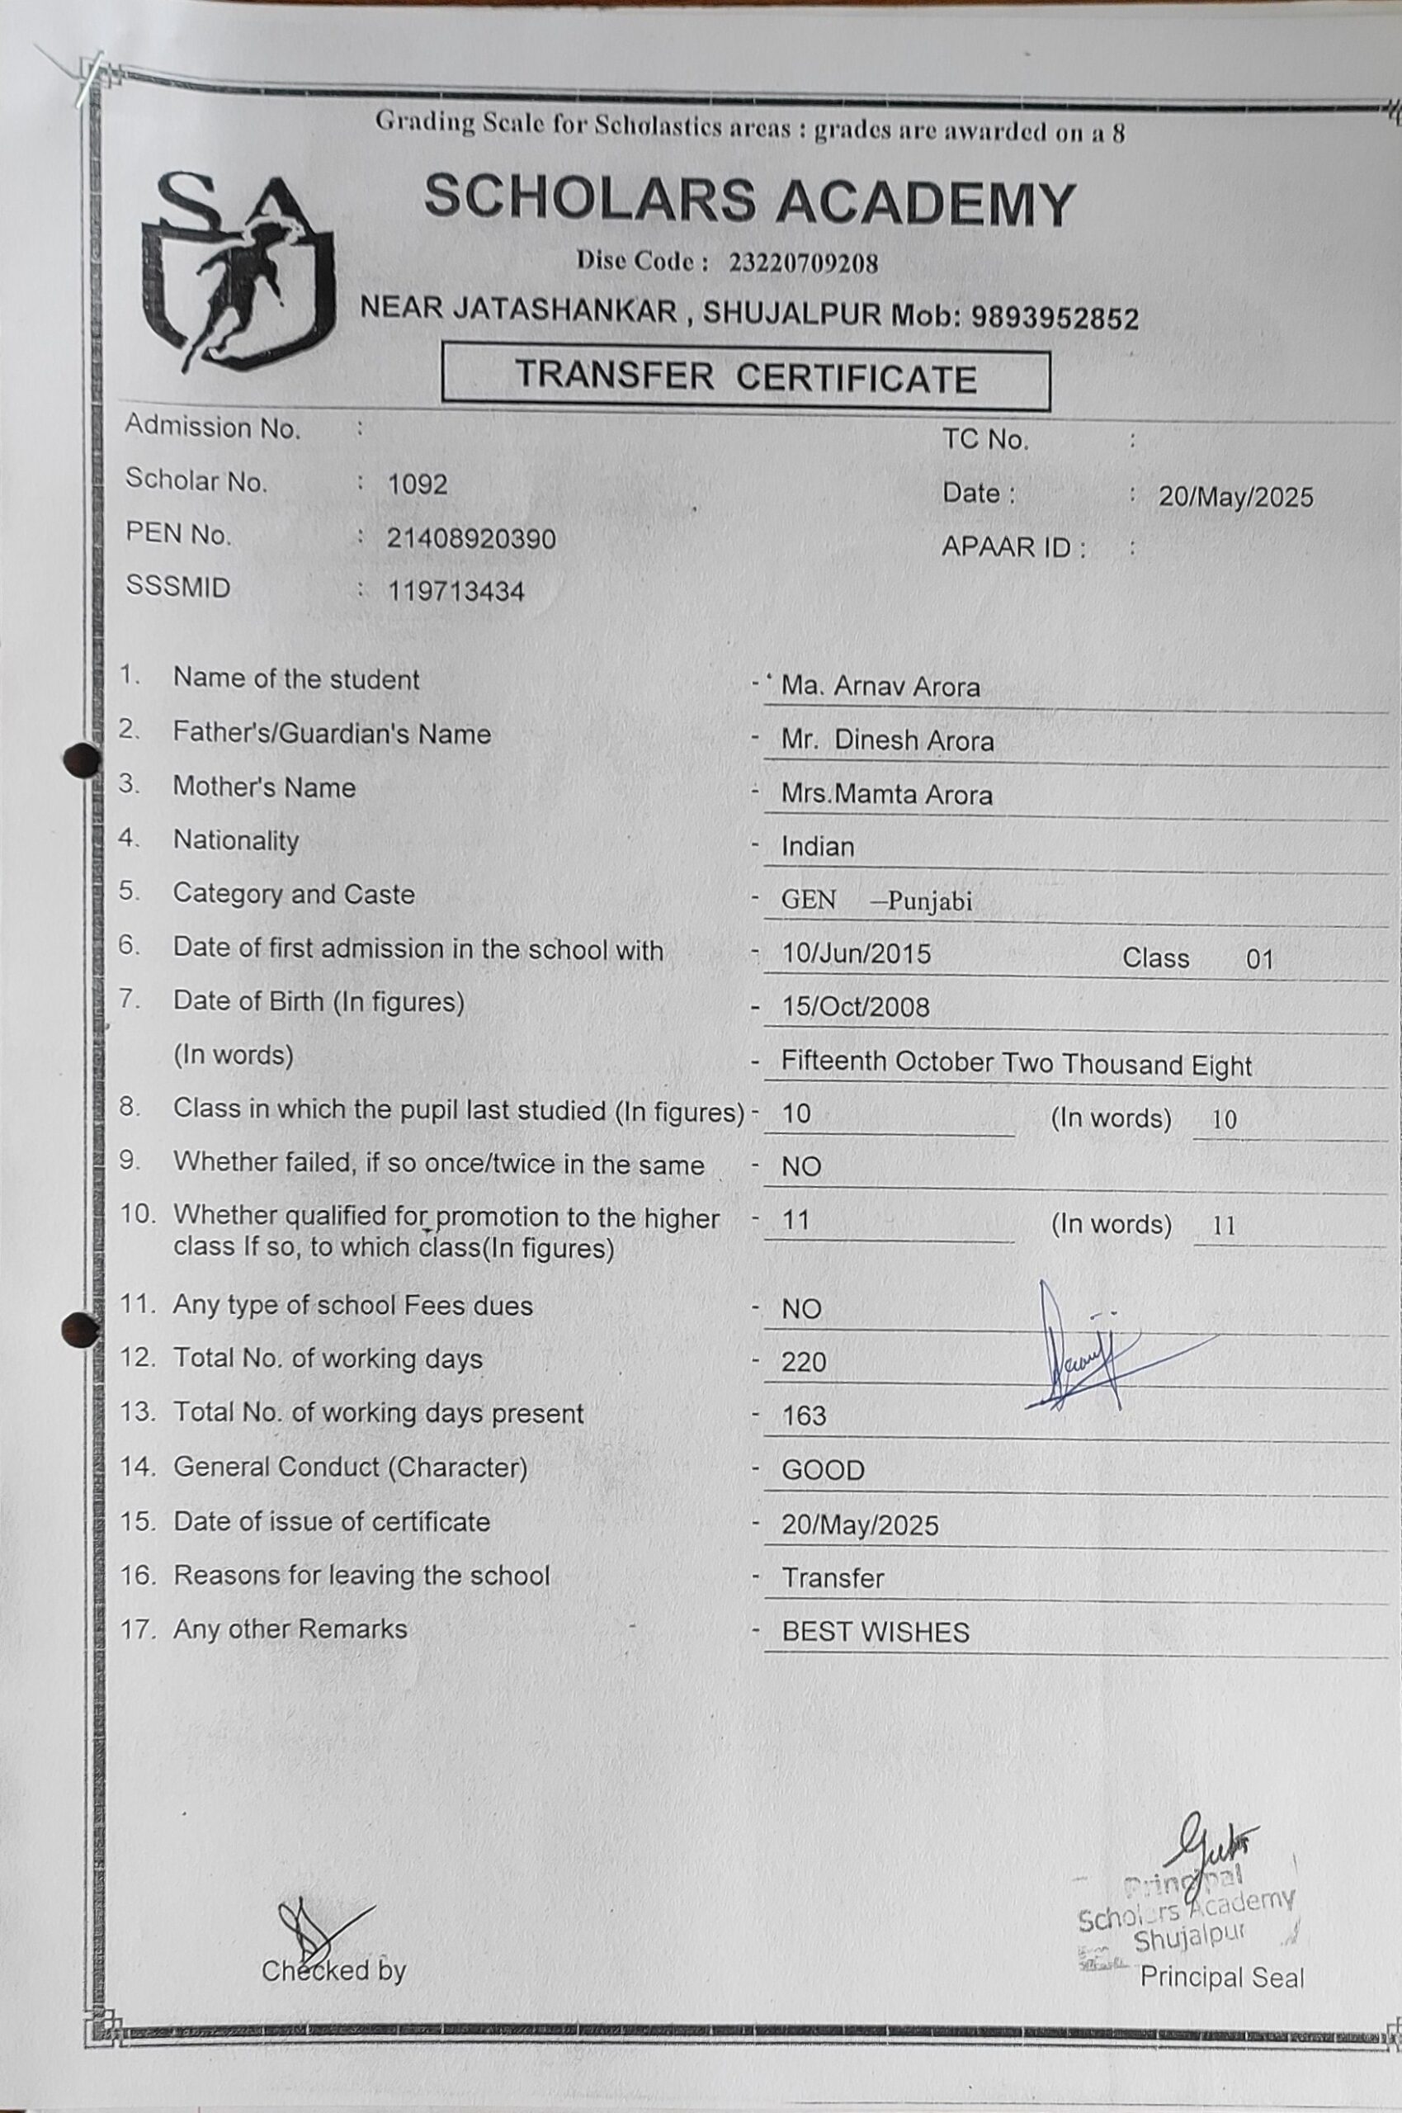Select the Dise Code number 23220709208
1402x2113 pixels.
click(x=803, y=263)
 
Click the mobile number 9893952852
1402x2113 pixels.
click(x=1055, y=319)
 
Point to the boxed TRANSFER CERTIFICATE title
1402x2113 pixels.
click(x=746, y=378)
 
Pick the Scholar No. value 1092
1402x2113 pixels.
click(x=418, y=485)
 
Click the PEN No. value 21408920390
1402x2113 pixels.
click(x=471, y=538)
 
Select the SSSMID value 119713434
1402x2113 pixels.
click(x=456, y=591)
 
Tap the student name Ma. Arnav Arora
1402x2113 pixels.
click(x=880, y=687)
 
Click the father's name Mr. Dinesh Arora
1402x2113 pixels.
click(x=887, y=740)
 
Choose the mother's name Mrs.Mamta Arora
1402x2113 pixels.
click(x=886, y=794)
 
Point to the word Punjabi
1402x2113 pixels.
click(x=929, y=901)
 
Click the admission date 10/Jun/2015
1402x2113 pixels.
click(x=856, y=953)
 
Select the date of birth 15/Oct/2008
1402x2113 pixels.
click(x=855, y=1007)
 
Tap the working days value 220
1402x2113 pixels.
click(x=803, y=1362)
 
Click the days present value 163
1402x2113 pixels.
click(x=803, y=1416)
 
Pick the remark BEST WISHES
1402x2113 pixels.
click(x=875, y=1632)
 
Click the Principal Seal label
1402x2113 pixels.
click(x=1221, y=1977)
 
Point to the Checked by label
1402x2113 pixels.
click(x=333, y=1970)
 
